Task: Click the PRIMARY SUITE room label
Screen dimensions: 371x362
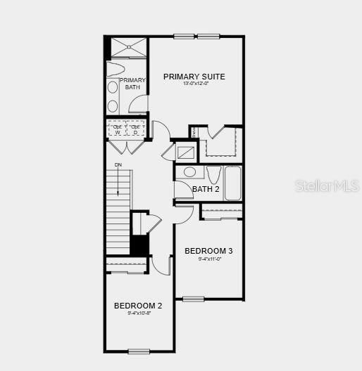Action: [x=194, y=77]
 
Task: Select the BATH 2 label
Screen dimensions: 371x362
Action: [x=206, y=189]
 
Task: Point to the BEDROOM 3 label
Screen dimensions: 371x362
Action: [x=208, y=251]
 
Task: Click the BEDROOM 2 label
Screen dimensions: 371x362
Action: [x=138, y=306]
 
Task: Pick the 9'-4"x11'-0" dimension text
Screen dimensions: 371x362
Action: [x=209, y=259]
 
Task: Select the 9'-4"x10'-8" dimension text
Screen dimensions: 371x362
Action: [x=139, y=313]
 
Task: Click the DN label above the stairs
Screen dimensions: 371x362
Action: [x=118, y=166]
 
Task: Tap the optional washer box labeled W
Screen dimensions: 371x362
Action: [x=117, y=129]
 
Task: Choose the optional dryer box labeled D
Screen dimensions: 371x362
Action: [x=135, y=129]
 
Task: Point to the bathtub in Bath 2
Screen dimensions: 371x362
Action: [x=232, y=183]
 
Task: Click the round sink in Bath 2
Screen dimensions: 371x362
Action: [x=189, y=172]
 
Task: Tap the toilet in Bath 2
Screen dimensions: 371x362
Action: [x=213, y=175]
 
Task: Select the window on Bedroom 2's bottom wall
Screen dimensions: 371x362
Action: [x=139, y=351]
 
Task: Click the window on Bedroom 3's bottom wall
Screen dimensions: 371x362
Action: [x=193, y=299]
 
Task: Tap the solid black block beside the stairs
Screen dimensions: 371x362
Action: [x=139, y=245]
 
